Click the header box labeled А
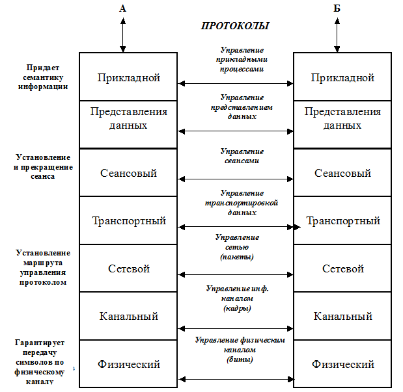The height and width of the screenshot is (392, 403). click(122, 8)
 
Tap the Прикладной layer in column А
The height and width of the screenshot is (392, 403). click(128, 77)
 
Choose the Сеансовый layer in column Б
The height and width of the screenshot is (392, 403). click(342, 173)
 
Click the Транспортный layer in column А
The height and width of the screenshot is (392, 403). click(128, 221)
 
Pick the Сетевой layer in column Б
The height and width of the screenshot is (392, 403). click(342, 268)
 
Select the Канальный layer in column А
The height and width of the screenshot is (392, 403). click(128, 317)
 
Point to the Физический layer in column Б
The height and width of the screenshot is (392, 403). click(342, 364)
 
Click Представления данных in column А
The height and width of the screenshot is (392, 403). click(128, 118)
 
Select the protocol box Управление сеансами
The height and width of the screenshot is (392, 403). click(242, 157)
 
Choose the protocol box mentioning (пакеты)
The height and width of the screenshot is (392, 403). click(236, 247)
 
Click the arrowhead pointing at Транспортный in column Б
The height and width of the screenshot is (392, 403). click(297, 228)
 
